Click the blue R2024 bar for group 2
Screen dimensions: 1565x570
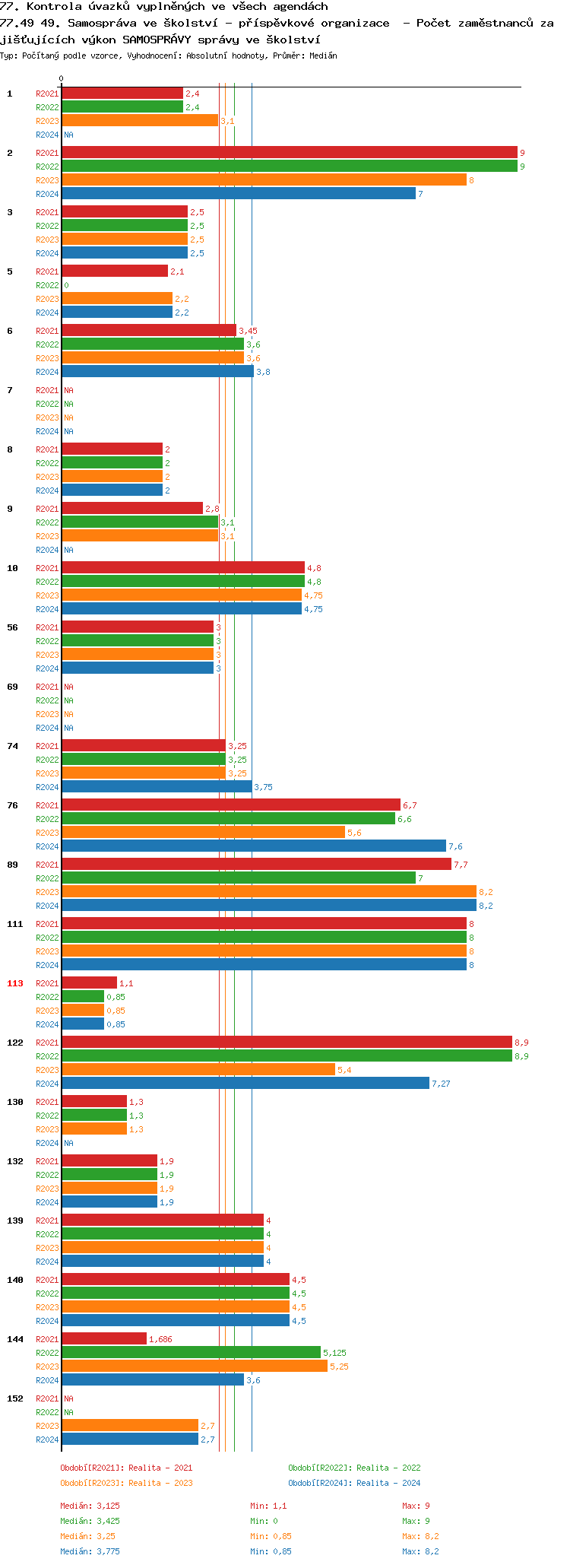[239, 194]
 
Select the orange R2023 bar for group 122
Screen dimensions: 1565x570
[198, 1070]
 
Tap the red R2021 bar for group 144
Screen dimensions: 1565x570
[104, 1339]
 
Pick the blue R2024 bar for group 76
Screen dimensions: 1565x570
[254, 846]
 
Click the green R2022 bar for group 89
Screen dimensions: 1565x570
[239, 878]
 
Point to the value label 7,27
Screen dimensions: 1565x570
[441, 1084]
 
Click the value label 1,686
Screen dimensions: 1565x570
[160, 1339]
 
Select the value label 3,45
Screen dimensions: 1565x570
[248, 331]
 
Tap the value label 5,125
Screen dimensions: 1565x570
[334, 1353]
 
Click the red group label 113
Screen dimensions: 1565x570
[15, 983]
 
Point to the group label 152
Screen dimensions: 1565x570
[15, 1398]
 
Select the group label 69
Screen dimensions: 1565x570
[13, 687]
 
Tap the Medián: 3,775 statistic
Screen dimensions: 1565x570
[90, 1551]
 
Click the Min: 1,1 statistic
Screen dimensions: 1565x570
[268, 1506]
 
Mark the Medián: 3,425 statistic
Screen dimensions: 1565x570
[90, 1521]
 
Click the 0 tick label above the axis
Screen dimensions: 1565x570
[62, 78]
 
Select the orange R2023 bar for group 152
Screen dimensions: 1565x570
[130, 1426]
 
